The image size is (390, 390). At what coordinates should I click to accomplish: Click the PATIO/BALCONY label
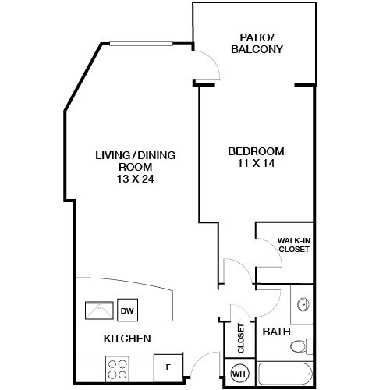click(256, 43)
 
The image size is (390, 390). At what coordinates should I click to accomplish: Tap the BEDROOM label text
click(256, 151)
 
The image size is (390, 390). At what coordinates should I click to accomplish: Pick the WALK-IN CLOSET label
click(294, 245)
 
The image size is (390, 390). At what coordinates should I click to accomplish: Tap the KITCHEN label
click(127, 339)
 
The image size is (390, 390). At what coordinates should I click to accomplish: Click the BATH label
click(276, 331)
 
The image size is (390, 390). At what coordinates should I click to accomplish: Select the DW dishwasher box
click(126, 311)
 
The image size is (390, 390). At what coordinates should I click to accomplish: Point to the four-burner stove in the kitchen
click(119, 367)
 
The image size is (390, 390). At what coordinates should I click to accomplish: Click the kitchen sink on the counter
click(100, 310)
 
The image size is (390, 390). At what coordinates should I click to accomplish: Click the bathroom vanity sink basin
click(303, 304)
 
